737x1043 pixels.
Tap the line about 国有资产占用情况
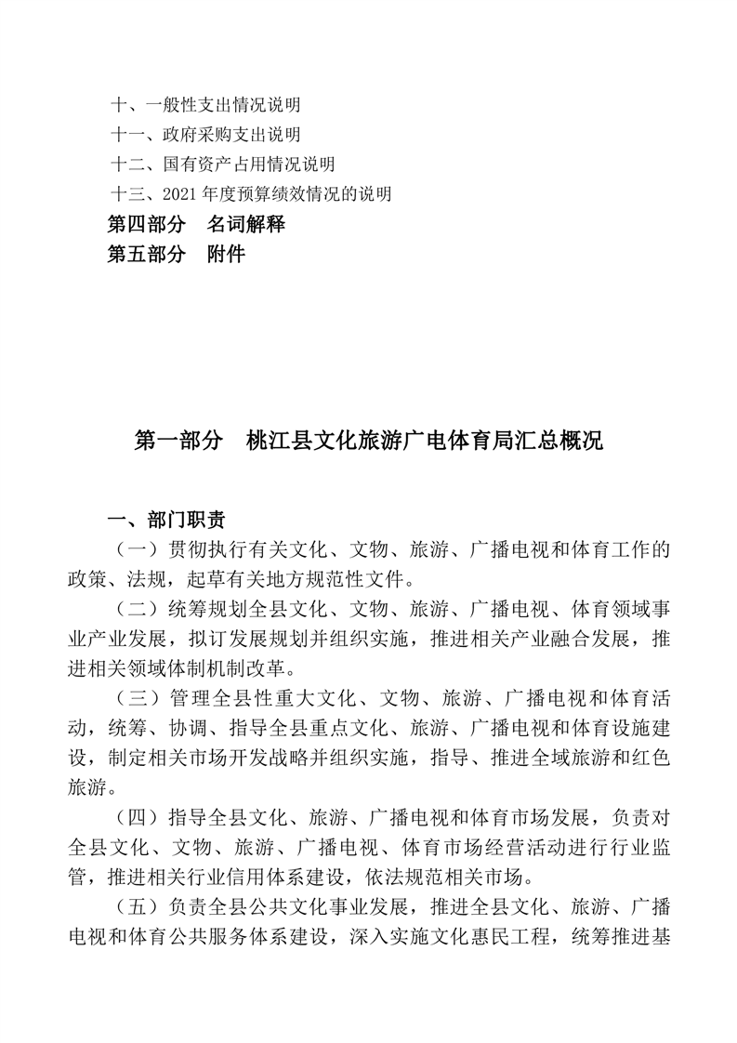click(222, 165)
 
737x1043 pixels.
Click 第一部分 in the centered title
click(178, 441)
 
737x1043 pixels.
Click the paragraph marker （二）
click(135, 610)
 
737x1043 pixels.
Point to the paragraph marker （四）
click(135, 816)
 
